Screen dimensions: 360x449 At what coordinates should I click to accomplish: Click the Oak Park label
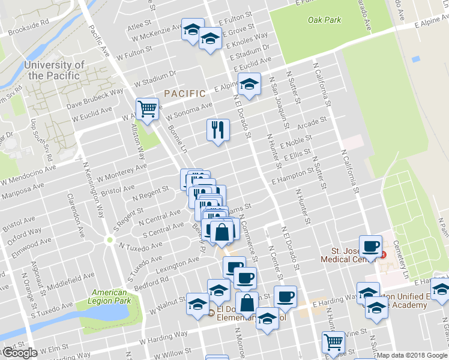[324, 20]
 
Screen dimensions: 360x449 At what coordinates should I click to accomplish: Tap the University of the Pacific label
[53, 70]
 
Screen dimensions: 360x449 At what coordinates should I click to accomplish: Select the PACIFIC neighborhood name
[185, 94]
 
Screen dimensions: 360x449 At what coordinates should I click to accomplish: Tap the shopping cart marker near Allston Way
[147, 109]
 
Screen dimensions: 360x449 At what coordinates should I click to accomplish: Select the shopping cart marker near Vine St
[333, 343]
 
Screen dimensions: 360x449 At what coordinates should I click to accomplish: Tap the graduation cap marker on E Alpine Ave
[249, 85]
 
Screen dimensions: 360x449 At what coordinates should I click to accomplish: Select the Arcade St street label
[312, 122]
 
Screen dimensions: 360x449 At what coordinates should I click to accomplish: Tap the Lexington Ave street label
[177, 262]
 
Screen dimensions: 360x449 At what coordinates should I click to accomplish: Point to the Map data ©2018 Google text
[412, 355]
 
